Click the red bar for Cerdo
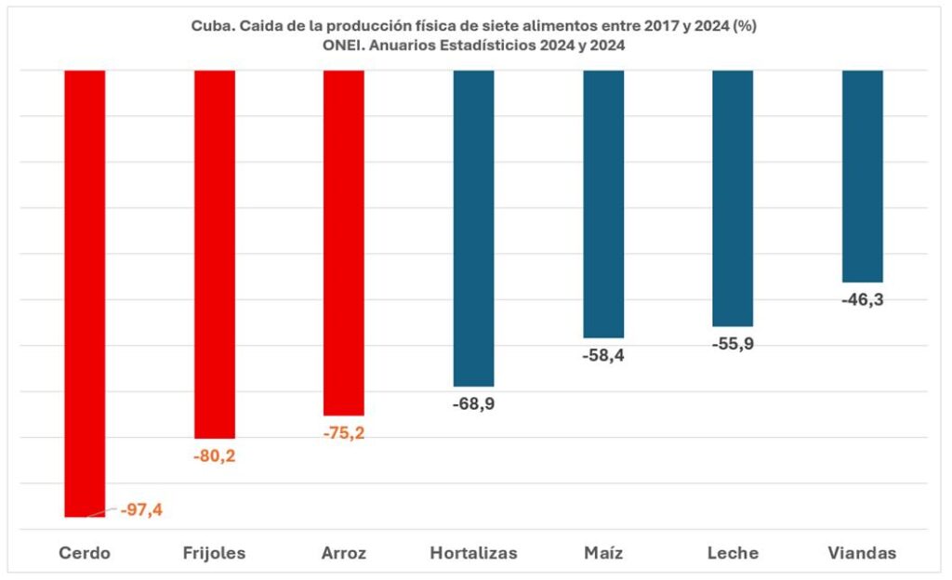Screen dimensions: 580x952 click(85, 293)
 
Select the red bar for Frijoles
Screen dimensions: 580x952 click(214, 254)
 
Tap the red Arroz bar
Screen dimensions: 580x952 click(343, 242)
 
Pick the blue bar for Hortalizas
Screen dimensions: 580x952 click(473, 228)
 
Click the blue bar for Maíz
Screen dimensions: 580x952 click(603, 204)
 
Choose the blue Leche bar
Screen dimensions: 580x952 click(733, 198)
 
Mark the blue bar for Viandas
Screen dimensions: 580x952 click(862, 176)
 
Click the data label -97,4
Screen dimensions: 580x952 click(141, 509)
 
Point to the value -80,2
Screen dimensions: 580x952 click(214, 455)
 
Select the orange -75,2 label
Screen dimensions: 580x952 click(343, 432)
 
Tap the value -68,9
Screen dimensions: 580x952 click(473, 403)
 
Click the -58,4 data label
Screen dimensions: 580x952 click(603, 355)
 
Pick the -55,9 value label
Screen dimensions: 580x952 click(733, 343)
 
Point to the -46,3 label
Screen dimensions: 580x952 click(862, 299)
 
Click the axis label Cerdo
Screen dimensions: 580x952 click(85, 553)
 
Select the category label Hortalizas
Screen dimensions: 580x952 click(473, 553)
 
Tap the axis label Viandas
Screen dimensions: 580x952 click(862, 553)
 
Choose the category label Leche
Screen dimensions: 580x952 click(733, 553)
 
